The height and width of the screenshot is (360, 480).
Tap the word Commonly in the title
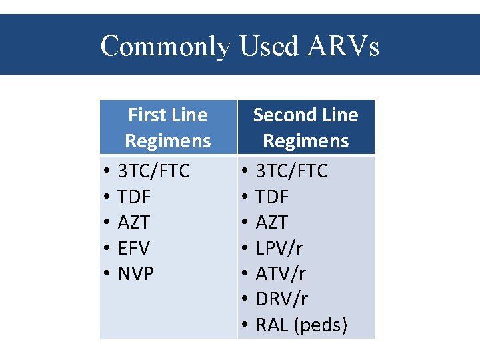coord(164,46)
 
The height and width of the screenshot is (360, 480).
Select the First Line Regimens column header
coord(167,128)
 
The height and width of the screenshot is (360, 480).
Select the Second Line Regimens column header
coord(305,128)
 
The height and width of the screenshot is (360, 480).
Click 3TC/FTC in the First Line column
coord(153,171)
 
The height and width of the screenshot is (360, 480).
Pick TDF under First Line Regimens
coord(134,197)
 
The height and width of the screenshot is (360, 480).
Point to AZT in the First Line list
coord(133,223)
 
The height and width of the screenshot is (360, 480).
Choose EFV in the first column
coord(133,248)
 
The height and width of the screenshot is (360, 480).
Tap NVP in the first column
coord(135,273)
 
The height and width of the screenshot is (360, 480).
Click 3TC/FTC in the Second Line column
coord(292,171)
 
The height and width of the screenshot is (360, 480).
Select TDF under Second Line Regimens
coord(272,197)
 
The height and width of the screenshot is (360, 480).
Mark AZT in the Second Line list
coord(271,223)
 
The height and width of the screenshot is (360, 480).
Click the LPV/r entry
coord(279,248)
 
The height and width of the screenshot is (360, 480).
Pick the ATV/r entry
coord(281,273)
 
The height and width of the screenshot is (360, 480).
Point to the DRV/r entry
coord(281,299)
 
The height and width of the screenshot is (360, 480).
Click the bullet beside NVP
coord(107,274)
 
